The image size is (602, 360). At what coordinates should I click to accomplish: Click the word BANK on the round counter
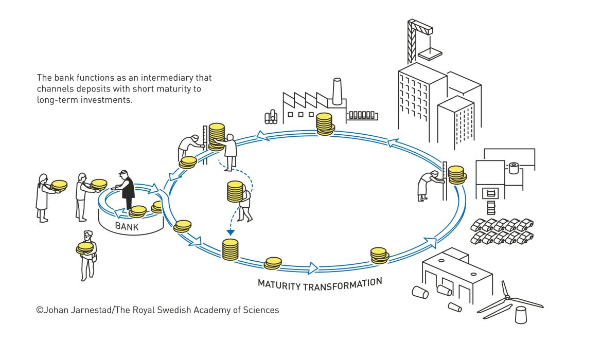[127, 226]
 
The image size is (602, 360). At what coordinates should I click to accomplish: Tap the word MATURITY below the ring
[279, 285]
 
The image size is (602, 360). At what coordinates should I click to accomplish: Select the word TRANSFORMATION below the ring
[343, 285]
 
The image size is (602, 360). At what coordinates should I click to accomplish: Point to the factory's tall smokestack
[337, 92]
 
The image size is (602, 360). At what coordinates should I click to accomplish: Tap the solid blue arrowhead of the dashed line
[231, 232]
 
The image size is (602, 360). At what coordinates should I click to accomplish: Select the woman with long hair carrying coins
[43, 198]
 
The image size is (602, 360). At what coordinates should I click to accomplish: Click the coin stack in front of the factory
[325, 124]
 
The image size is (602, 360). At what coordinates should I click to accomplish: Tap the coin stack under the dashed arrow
[231, 249]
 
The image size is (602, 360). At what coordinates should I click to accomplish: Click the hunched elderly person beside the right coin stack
[429, 185]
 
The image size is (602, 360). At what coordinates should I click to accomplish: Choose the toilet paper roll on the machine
[514, 168]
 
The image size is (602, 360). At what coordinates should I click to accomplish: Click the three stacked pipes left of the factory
[271, 117]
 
